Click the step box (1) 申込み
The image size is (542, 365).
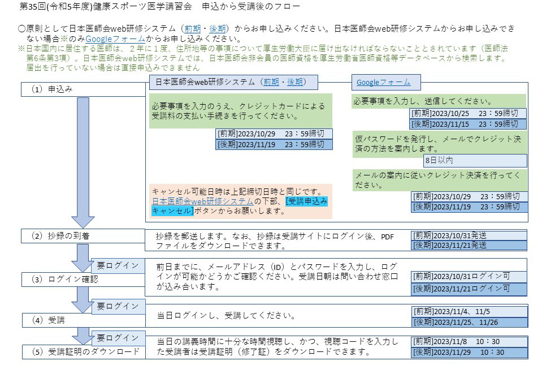[83, 89]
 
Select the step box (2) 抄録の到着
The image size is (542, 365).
[83, 236]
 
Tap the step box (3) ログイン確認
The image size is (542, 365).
[83, 280]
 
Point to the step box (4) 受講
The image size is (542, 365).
[84, 320]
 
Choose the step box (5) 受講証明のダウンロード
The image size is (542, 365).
[84, 352]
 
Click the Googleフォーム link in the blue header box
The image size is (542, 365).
[383, 83]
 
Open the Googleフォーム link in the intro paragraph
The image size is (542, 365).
[115, 38]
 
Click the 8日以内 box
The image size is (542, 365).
[475, 161]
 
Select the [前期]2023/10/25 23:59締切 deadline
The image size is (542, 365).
[468, 114]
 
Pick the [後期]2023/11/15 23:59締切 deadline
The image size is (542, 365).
[468, 124]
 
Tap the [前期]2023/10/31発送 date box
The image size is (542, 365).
[469, 235]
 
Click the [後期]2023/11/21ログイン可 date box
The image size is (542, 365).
[469, 289]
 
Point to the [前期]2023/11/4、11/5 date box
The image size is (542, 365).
[470, 311]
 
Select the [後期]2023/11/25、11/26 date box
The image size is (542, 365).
[470, 322]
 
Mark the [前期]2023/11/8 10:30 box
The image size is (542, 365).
[470, 342]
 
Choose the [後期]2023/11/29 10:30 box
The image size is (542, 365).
[470, 353]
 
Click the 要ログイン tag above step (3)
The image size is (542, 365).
[118, 265]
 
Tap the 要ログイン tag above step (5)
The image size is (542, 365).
[118, 338]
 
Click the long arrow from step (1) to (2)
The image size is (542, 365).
[83, 162]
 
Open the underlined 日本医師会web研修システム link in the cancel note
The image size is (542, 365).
[203, 201]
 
